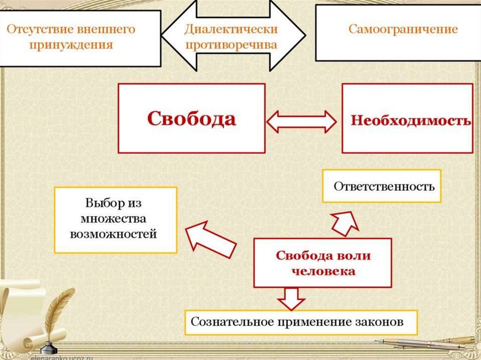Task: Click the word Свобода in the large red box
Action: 191,119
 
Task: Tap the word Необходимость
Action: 411,120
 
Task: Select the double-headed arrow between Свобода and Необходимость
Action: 301,122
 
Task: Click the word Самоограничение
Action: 403,29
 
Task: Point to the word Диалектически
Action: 231,29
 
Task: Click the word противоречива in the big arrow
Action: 231,45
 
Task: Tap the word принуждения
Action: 70,45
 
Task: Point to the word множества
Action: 113,219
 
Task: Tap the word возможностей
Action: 113,233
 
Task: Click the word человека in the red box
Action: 323,271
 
